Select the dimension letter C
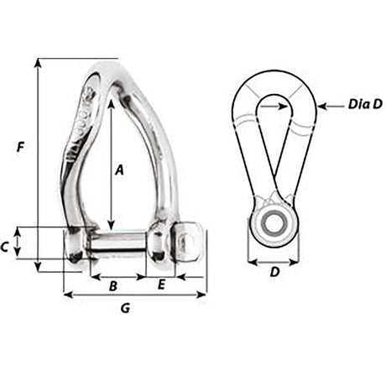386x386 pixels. [x=7, y=247]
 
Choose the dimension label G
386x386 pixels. [x=125, y=309]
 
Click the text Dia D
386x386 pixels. [x=366, y=105]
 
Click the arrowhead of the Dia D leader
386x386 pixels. [x=326, y=106]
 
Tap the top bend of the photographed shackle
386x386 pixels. [x=109, y=70]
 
